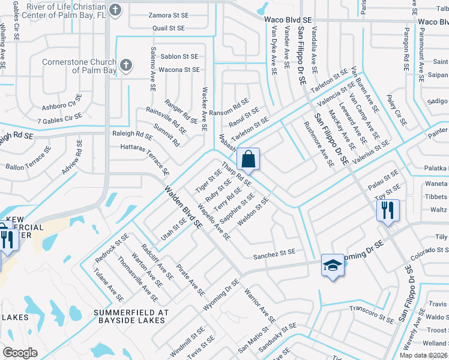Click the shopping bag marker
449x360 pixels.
pos(249,160)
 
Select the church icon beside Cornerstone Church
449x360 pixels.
pos(125,65)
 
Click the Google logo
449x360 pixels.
pos(20,353)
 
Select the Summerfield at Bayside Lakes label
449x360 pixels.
pos(128,317)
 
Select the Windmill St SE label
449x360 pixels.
pos(187,341)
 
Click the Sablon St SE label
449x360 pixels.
pos(179,56)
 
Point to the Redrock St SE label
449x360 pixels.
pos(112,248)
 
